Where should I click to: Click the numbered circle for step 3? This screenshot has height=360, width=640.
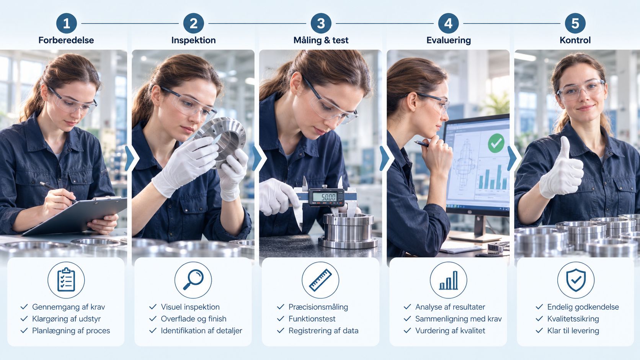pyautogui.click(x=321, y=23)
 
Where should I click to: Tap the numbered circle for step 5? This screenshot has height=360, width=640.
pyautogui.click(x=575, y=23)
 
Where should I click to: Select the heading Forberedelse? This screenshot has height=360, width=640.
pyautogui.click(x=66, y=40)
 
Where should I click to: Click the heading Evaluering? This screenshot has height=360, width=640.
pyautogui.click(x=449, y=40)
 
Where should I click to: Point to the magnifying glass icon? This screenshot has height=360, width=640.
pyautogui.click(x=193, y=279)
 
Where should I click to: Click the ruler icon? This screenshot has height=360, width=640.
pyautogui.click(x=320, y=280)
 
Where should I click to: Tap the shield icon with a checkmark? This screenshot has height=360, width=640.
pyautogui.click(x=576, y=280)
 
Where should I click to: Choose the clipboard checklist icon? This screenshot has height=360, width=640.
pyautogui.click(x=66, y=279)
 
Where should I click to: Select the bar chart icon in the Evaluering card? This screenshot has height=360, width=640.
pyautogui.click(x=449, y=280)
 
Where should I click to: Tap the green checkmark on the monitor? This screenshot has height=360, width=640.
pyautogui.click(x=496, y=143)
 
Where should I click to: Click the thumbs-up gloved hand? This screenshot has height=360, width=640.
pyautogui.click(x=561, y=169)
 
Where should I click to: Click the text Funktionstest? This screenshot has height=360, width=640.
pyautogui.click(x=312, y=319)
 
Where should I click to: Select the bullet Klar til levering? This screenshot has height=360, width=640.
pyautogui.click(x=567, y=331)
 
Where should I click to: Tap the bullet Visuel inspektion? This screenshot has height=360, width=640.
pyautogui.click(x=184, y=307)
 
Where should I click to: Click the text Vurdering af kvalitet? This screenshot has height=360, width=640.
pyautogui.click(x=450, y=331)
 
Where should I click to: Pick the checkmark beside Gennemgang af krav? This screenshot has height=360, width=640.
pyautogui.click(x=24, y=307)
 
